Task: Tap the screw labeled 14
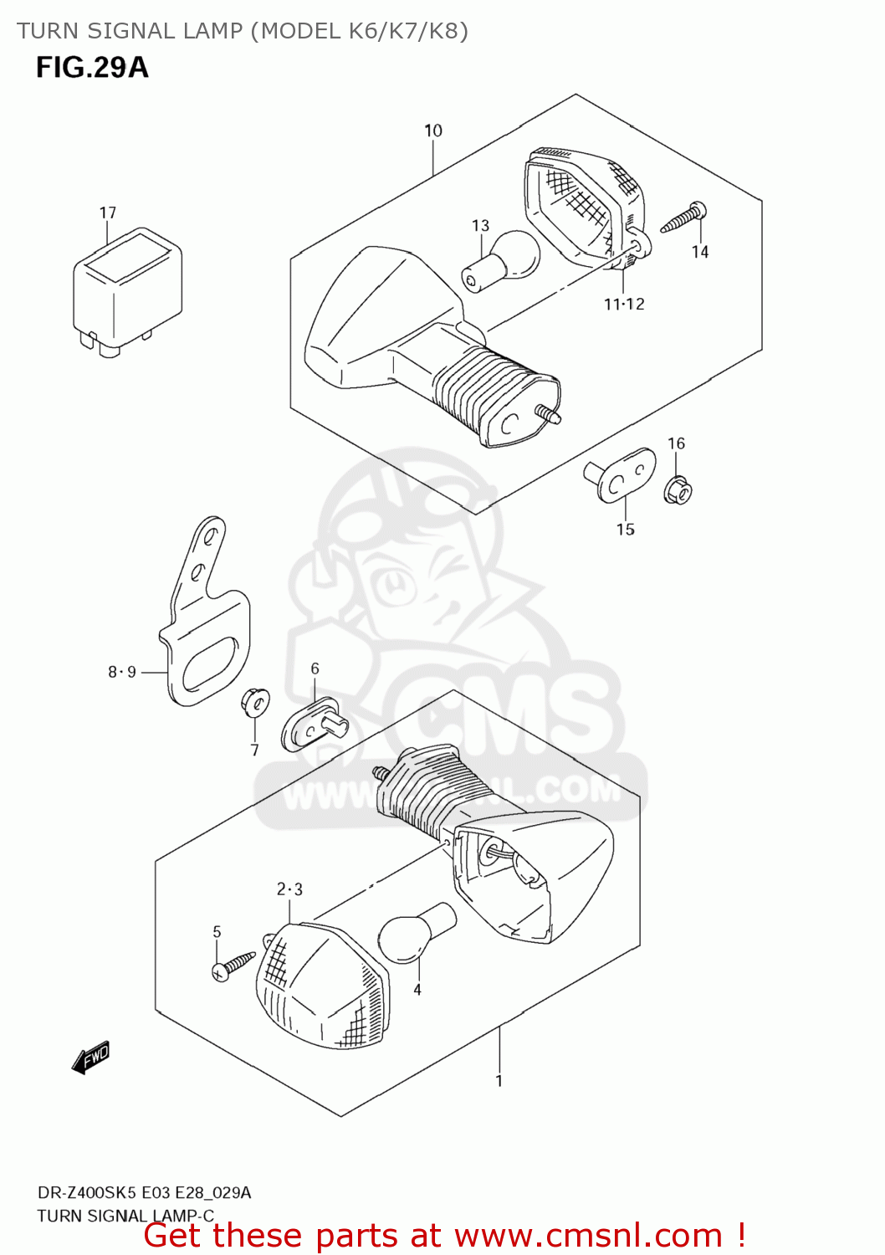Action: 685,218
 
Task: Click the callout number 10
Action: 433,131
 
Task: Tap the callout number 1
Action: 499,1081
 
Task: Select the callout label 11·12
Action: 624,305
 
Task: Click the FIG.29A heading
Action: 92,67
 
